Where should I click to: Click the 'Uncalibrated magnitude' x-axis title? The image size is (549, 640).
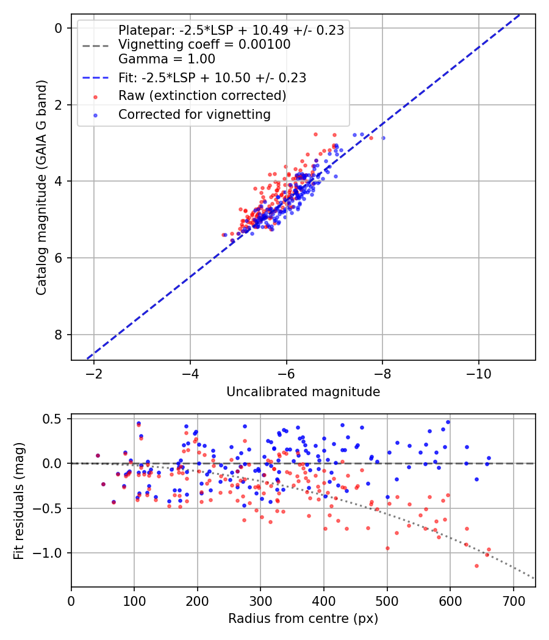tap(303, 392)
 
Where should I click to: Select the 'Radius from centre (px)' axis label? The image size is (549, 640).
tap(303, 619)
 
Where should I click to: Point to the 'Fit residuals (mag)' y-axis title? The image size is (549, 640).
tap(20, 500)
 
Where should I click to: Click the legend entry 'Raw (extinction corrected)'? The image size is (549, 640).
tap(202, 96)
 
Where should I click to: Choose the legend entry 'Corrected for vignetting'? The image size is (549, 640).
tap(195, 114)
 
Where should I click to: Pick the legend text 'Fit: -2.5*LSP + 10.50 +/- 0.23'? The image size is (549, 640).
tap(212, 77)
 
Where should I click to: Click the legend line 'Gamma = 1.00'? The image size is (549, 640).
tap(167, 59)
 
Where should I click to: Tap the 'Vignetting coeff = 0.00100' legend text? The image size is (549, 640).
tap(204, 44)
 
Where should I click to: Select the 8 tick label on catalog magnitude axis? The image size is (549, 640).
tap(58, 335)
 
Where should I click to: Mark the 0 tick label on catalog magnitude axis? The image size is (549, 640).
tap(58, 28)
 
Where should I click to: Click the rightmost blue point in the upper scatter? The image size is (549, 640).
tap(383, 138)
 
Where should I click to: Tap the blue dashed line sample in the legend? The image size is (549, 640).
tap(96, 78)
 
